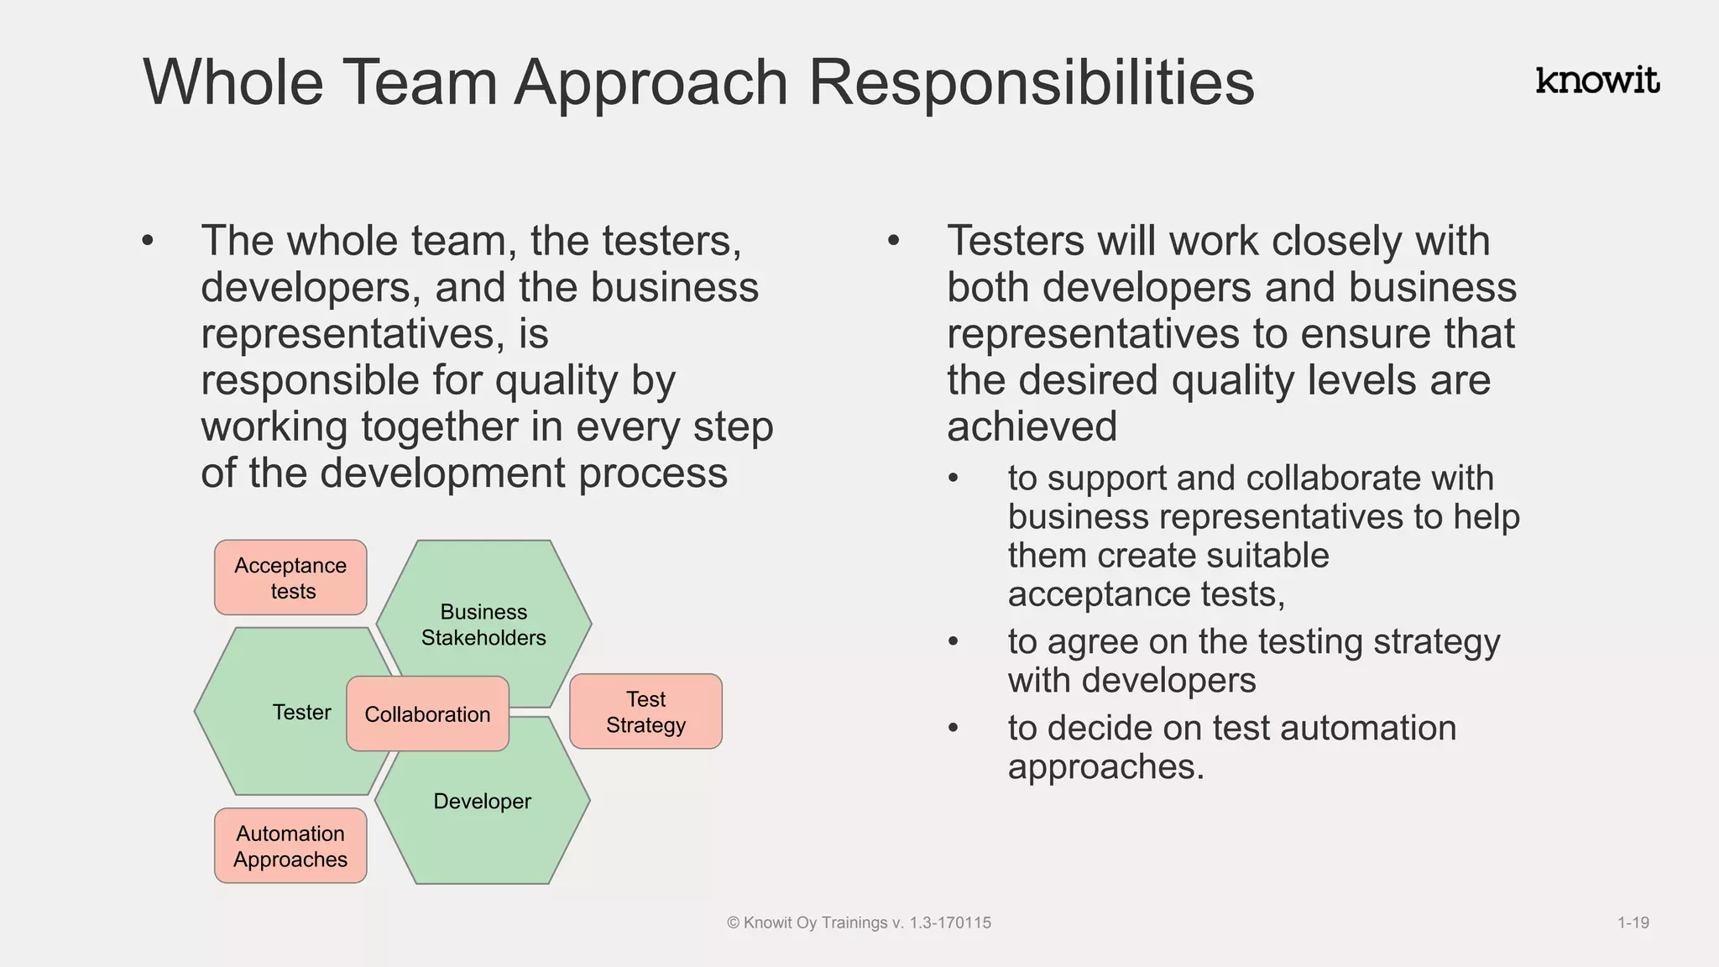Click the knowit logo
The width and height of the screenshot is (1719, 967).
point(1597,81)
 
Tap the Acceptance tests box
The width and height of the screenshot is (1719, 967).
point(290,578)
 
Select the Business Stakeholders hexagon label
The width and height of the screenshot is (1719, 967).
point(483,625)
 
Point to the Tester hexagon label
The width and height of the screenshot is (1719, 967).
point(301,713)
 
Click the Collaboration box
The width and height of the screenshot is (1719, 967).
point(427,714)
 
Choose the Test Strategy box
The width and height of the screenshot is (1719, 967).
point(645,712)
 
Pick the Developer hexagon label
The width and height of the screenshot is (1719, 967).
point(482,802)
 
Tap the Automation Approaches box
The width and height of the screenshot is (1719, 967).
point(290,846)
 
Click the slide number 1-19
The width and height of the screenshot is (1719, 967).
point(1633,923)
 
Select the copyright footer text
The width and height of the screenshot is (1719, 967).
point(859,923)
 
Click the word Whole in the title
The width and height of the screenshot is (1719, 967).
point(233,82)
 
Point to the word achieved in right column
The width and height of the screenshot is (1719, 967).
point(1032,426)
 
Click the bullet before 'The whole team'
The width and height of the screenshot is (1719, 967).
point(149,242)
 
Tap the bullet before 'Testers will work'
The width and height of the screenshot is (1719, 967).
point(893,242)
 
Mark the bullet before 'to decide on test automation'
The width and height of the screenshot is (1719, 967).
point(953,729)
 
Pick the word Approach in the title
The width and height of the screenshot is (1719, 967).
point(651,82)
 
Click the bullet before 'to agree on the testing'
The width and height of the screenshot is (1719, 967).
point(953,642)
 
